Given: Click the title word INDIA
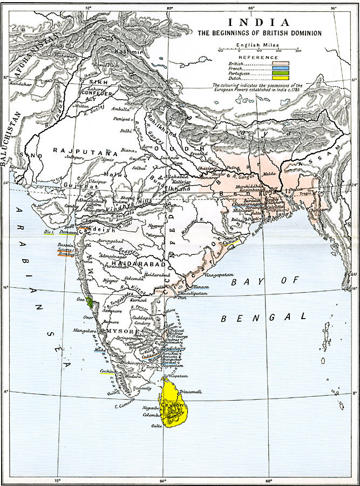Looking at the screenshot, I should tap(259, 23).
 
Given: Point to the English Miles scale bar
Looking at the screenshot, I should tap(259, 50).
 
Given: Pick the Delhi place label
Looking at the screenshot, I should tap(126, 130).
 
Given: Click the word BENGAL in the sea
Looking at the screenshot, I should tap(264, 317).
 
